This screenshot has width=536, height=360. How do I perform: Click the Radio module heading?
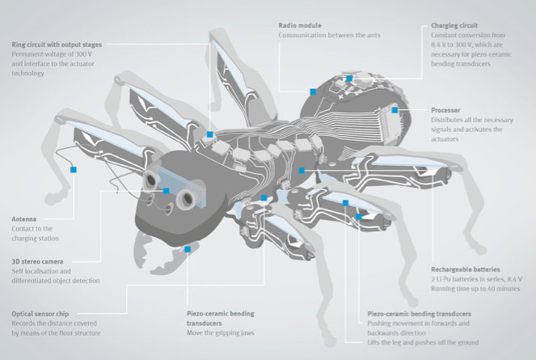(x=300, y=25)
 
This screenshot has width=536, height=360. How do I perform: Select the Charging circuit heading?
(x=454, y=25)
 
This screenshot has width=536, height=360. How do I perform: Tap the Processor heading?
(x=445, y=110)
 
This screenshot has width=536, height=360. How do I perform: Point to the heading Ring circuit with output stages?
(x=57, y=44)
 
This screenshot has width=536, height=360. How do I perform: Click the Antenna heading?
(x=24, y=219)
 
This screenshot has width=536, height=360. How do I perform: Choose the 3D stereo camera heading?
(x=38, y=261)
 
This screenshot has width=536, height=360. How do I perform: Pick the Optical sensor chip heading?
(x=40, y=314)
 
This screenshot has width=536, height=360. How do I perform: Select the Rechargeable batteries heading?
(x=466, y=269)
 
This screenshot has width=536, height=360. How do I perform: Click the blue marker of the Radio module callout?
(x=313, y=91)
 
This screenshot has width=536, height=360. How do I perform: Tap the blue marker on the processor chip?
(x=395, y=110)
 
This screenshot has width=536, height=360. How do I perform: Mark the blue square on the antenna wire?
(x=74, y=170)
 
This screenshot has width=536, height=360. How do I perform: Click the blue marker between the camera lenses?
(x=166, y=191)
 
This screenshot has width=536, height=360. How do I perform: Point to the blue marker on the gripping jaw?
(x=188, y=249)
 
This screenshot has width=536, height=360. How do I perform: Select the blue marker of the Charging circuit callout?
(x=349, y=78)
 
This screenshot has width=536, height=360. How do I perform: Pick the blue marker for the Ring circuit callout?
(x=210, y=134)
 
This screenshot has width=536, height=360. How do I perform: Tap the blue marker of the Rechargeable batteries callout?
(x=302, y=171)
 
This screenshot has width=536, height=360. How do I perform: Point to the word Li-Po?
(x=445, y=279)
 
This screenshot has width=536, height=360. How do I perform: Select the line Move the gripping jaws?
(x=221, y=332)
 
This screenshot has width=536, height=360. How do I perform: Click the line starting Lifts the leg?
(x=423, y=342)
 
